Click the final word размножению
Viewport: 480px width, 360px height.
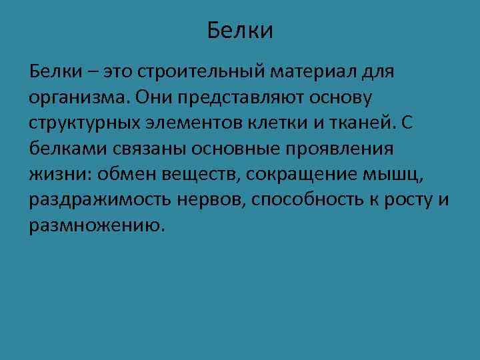coord(95,225)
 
